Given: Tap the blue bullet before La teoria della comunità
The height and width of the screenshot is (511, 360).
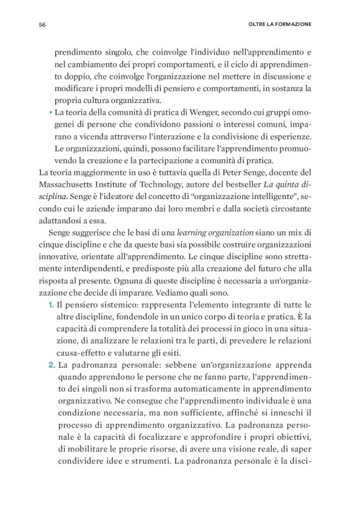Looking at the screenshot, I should pyautogui.click(x=49, y=113).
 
